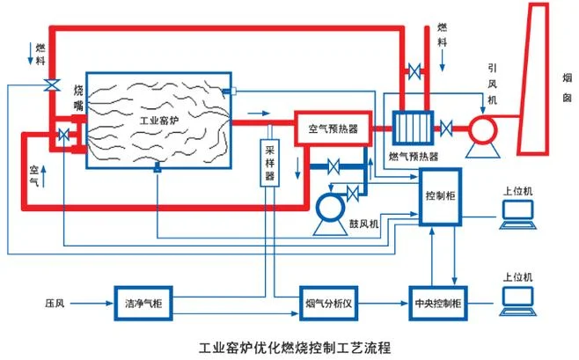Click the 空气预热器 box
coord(333,129)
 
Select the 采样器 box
coord(270,163)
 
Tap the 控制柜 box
coord(440,196)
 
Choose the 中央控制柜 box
coord(438,304)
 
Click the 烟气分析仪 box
coord(328,304)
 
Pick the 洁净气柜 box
coord(143,304)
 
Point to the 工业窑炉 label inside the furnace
coord(159,121)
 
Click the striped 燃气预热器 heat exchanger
coord(413,128)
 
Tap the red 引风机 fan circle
coord(483,129)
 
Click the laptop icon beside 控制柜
coord(517,215)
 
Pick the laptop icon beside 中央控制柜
coord(517,301)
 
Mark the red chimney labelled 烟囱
coord(533,78)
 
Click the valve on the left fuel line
coord(52,84)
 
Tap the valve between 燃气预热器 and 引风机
coord(446,129)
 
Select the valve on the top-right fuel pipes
coord(414,71)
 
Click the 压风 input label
coord(55,304)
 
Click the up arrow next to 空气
coord(44,177)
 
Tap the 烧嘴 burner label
coord(78,98)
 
